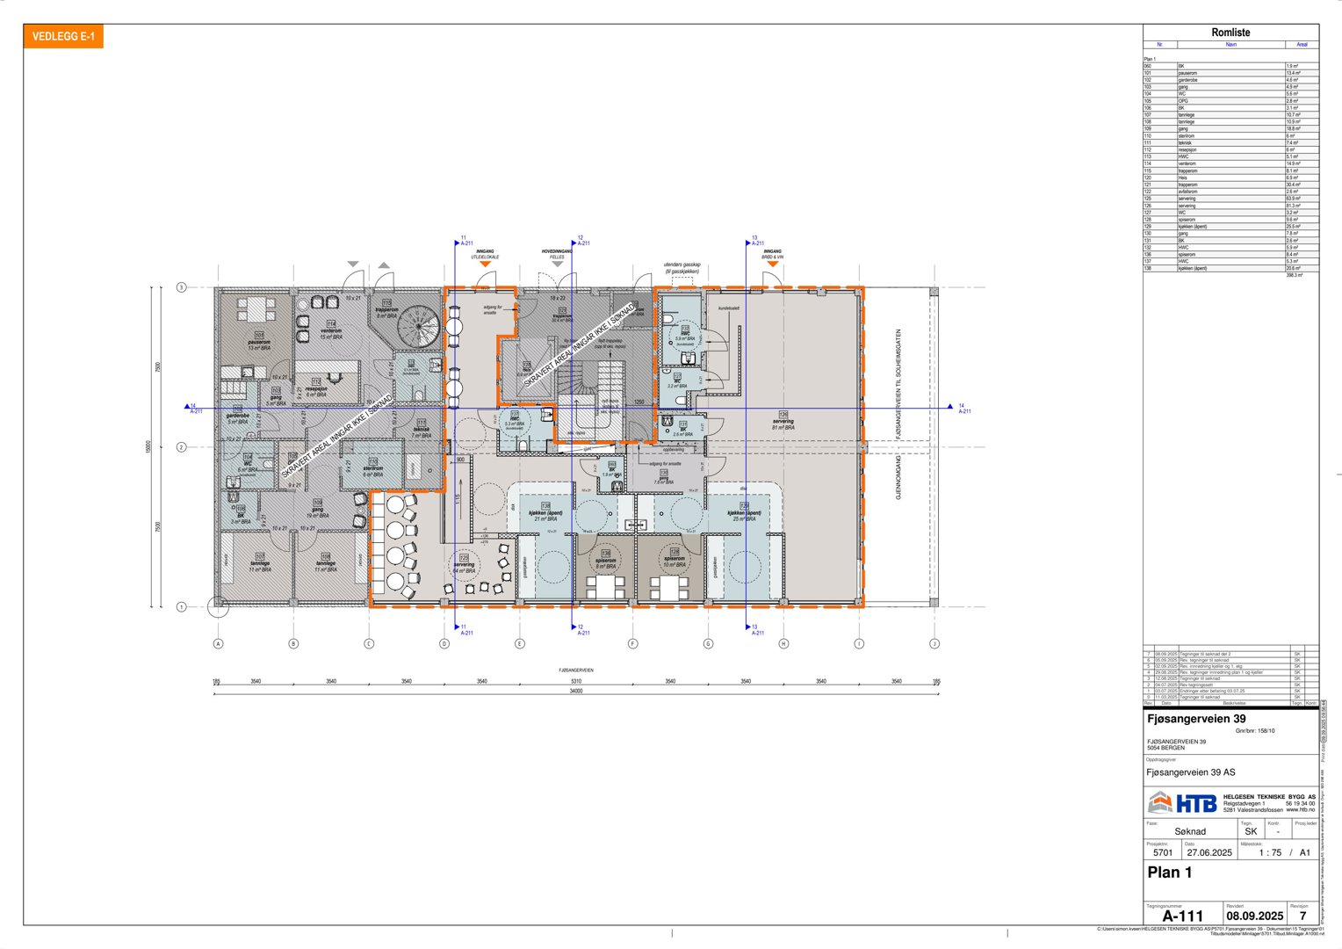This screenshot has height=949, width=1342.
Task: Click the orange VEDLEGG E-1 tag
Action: pos(63,37)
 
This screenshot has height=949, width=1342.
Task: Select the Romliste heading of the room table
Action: pos(1230,33)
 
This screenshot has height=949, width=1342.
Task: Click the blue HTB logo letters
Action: pos(1195,803)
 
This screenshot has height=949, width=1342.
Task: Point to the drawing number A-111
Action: pos(1182,916)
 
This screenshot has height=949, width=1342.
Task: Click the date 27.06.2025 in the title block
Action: pos(1209,852)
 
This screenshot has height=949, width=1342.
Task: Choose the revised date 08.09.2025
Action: pos(1254,916)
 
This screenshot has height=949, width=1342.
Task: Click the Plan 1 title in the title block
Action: pos(1169,873)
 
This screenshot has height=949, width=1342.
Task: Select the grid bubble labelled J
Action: pos(934,643)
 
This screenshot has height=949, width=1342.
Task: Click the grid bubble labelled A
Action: pos(218,643)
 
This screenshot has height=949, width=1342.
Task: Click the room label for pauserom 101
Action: pos(259,343)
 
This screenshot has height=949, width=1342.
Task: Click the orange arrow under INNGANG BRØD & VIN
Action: pos(772,264)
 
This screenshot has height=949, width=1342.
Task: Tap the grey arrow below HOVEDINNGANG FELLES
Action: pos(557,264)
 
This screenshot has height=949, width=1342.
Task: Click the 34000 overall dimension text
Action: pos(575,692)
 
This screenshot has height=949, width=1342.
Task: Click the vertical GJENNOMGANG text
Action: pos(898,477)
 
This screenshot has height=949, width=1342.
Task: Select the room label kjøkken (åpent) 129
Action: pos(743,513)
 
